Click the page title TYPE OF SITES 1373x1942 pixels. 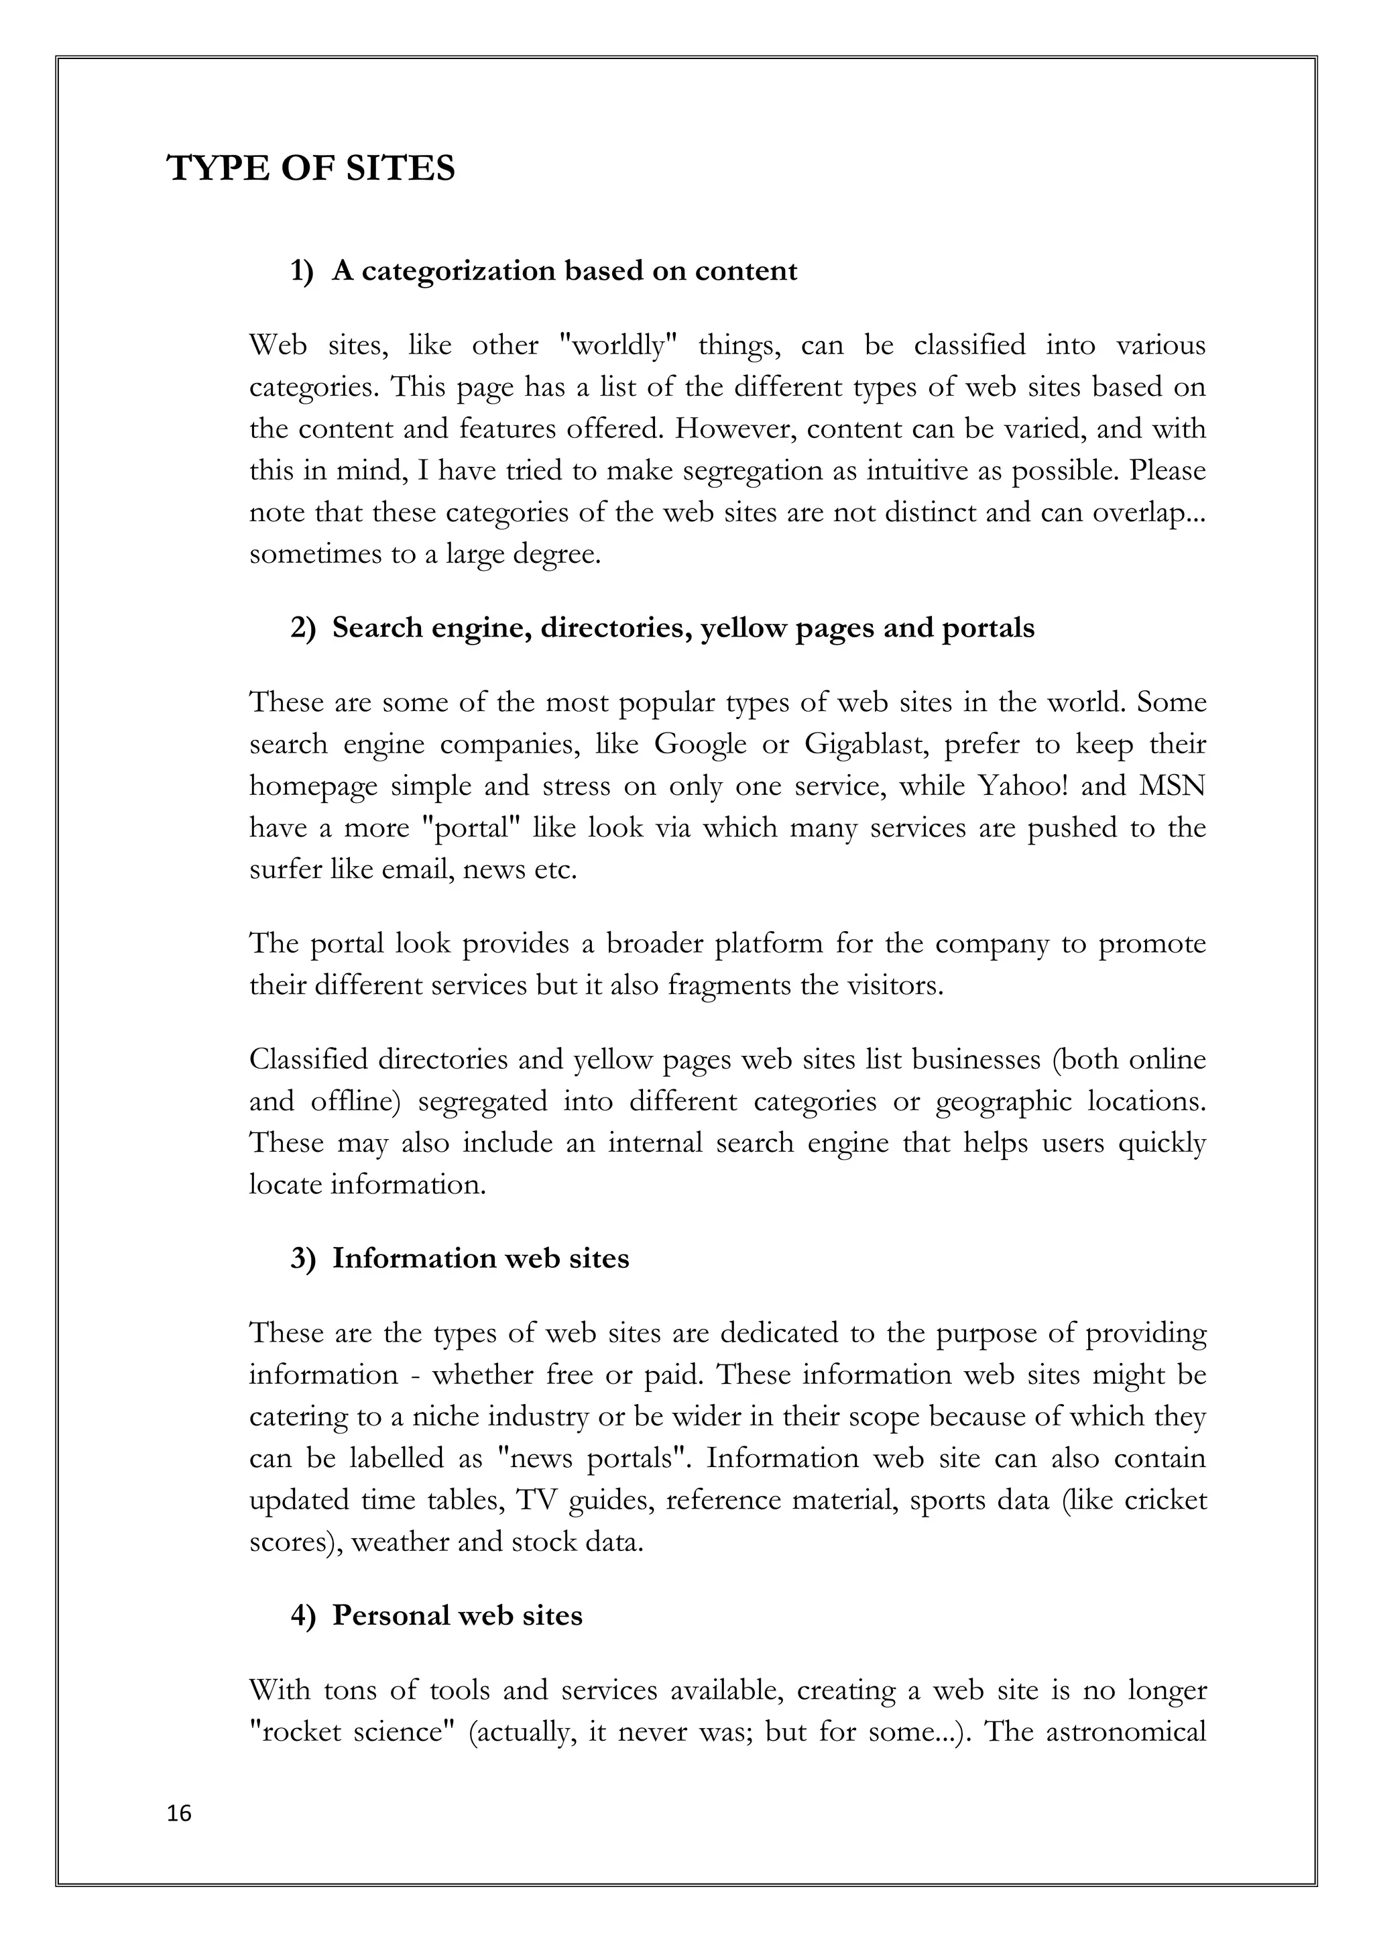[x=311, y=168]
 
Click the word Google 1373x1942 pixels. [x=700, y=745]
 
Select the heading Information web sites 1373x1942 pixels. [x=480, y=1258]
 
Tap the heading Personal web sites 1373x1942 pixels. [x=457, y=1615]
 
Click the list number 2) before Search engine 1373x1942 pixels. [x=302, y=629]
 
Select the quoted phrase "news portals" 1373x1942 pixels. [x=593, y=1459]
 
